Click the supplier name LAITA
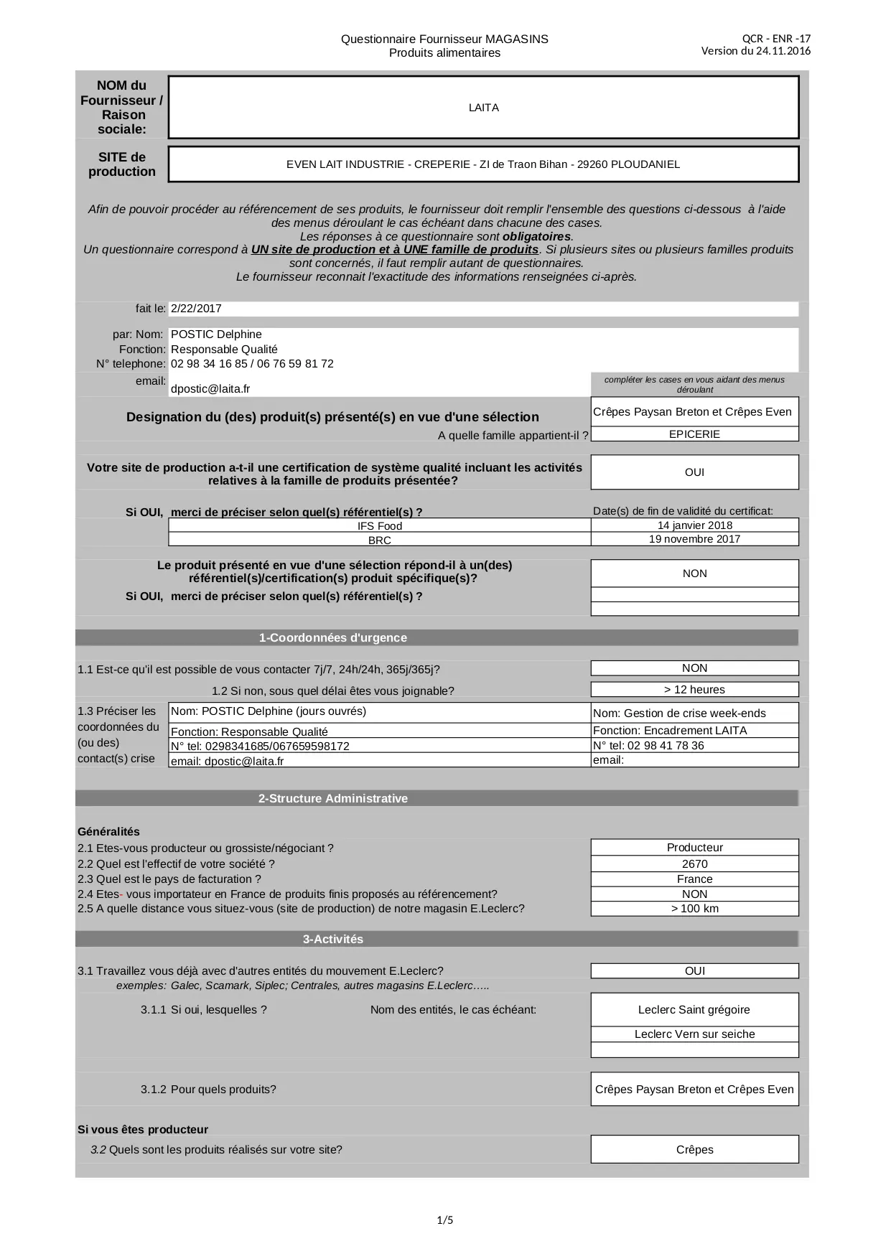pyautogui.click(x=483, y=108)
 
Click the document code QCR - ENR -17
pyautogui.click(x=776, y=39)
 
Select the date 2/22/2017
pyautogui.click(x=197, y=309)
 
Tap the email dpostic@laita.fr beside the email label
pyautogui.click(x=210, y=389)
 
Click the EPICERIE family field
pyautogui.click(x=694, y=434)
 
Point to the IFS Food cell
pyautogui.click(x=380, y=526)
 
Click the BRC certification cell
pyautogui.click(x=380, y=540)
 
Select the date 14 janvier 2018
pyautogui.click(x=694, y=525)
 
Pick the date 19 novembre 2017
pyautogui.click(x=694, y=539)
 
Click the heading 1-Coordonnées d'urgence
pyautogui.click(x=333, y=638)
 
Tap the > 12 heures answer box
pyautogui.click(x=694, y=690)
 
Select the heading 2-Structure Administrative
pyautogui.click(x=333, y=799)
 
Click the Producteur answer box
pyautogui.click(x=694, y=848)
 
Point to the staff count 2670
pyautogui.click(x=694, y=864)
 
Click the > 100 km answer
pyautogui.click(x=694, y=909)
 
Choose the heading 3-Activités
pyautogui.click(x=333, y=940)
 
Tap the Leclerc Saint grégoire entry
pyautogui.click(x=694, y=1010)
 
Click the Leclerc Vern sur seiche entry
pyautogui.click(x=694, y=1034)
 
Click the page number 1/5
pyautogui.click(x=445, y=1220)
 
